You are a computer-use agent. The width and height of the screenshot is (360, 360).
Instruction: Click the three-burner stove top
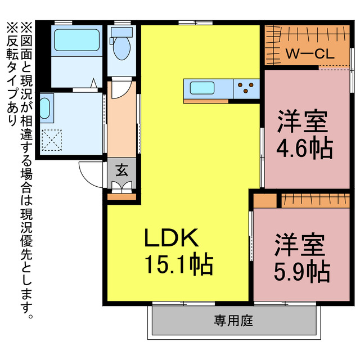(x=246, y=88)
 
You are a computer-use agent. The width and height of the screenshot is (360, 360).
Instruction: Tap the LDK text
(x=172, y=239)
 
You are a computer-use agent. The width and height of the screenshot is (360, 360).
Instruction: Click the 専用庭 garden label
(x=233, y=321)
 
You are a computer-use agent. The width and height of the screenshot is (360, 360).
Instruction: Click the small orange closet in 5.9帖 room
(x=265, y=200)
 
